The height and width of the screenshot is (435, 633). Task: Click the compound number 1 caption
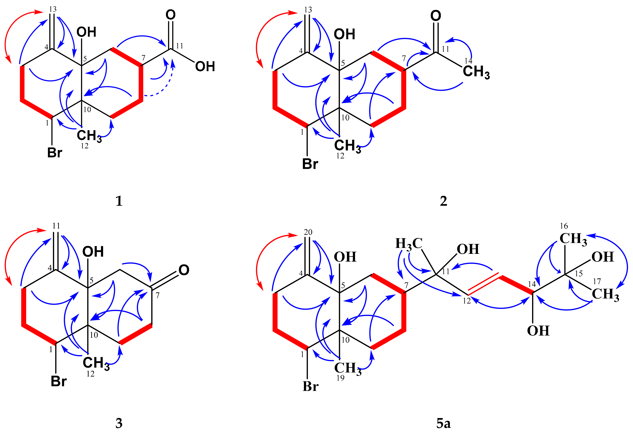[x=119, y=201]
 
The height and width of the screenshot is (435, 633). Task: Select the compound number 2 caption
[x=443, y=201]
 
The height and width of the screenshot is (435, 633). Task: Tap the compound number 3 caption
[x=119, y=423]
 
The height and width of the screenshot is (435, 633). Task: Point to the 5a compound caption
[x=443, y=423]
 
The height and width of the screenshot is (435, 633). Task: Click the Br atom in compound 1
[x=55, y=153]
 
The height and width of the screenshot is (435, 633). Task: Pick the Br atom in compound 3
[x=59, y=381]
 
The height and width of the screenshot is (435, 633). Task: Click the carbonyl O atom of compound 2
[x=436, y=16]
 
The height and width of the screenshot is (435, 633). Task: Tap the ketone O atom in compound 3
[x=184, y=270]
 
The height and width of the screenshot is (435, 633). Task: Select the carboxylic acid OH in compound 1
[x=205, y=67]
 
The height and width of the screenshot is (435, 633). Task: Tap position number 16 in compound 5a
[x=564, y=226]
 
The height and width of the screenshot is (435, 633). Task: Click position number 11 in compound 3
[x=56, y=226]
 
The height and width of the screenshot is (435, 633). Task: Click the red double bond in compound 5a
[x=483, y=284]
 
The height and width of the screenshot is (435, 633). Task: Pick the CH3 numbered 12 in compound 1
[x=89, y=136]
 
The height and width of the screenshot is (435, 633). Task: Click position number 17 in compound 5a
[x=597, y=281]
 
